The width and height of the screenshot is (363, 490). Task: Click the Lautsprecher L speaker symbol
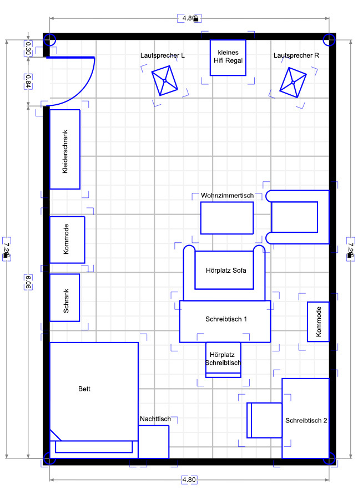[x=165, y=80]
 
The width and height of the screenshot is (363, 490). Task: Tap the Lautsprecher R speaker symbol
[x=293, y=83]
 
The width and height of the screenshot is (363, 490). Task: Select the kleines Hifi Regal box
[x=228, y=58]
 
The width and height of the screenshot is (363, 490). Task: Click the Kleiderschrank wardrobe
[x=65, y=149]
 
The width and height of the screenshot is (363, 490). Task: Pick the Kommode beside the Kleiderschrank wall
[x=67, y=239]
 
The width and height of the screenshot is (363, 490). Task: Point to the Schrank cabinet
[x=64, y=298]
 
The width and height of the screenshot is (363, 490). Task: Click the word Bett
[x=84, y=389]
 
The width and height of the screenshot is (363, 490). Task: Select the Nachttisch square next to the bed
[x=153, y=442]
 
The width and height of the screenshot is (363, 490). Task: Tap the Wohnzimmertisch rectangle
[x=227, y=218]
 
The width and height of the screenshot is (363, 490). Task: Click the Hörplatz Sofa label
[x=226, y=270]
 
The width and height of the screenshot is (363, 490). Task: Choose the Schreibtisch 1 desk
[x=225, y=321]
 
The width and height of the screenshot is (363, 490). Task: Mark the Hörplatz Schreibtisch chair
[x=223, y=360]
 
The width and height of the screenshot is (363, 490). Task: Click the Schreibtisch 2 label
[x=306, y=420]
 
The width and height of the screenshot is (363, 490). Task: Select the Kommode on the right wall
[x=318, y=321]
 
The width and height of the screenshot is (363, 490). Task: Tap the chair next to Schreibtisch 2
[x=264, y=420]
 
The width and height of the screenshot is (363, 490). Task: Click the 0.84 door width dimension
[x=28, y=81]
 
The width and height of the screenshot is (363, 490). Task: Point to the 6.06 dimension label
[x=28, y=282]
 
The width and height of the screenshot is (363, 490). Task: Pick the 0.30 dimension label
[x=28, y=48]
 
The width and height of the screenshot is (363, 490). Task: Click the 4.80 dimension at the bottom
[x=189, y=479]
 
